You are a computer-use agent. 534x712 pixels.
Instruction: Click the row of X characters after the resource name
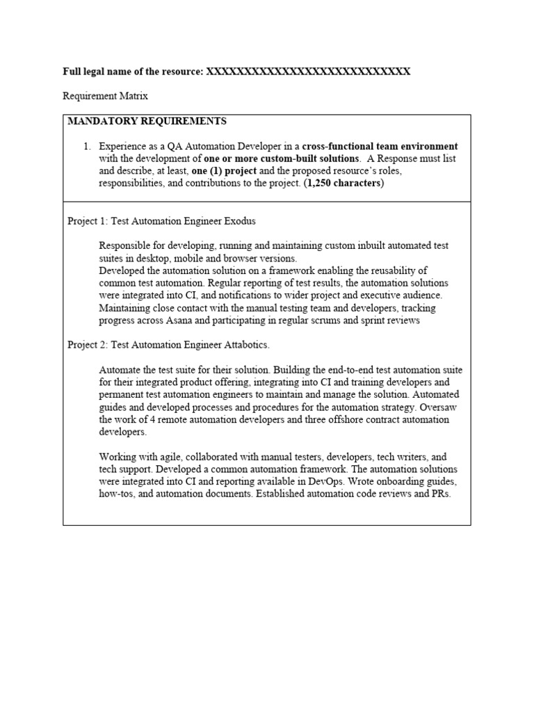click(309, 72)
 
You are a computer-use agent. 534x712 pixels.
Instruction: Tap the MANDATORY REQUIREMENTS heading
click(147, 121)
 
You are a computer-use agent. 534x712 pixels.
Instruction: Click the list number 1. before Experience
click(87, 147)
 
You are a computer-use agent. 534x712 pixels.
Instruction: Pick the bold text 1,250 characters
click(343, 184)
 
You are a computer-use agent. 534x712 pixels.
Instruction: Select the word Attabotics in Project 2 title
click(245, 345)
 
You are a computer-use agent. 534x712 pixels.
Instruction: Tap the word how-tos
click(116, 494)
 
